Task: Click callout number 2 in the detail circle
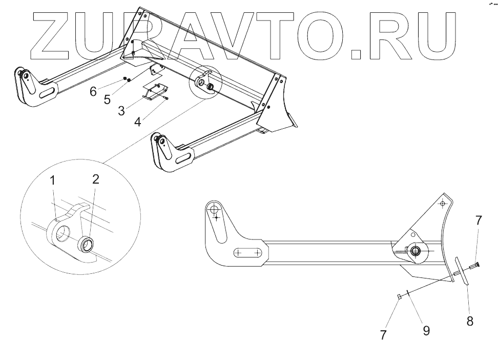click(x=95, y=179)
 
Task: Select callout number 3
click(x=121, y=110)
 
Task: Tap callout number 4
click(x=138, y=122)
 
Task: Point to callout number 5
click(x=107, y=99)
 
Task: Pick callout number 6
click(x=93, y=91)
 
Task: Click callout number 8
click(x=470, y=321)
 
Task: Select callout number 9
click(x=426, y=330)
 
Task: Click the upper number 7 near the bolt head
click(x=478, y=221)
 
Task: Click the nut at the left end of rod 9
click(x=400, y=296)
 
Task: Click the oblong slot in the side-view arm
click(x=249, y=252)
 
